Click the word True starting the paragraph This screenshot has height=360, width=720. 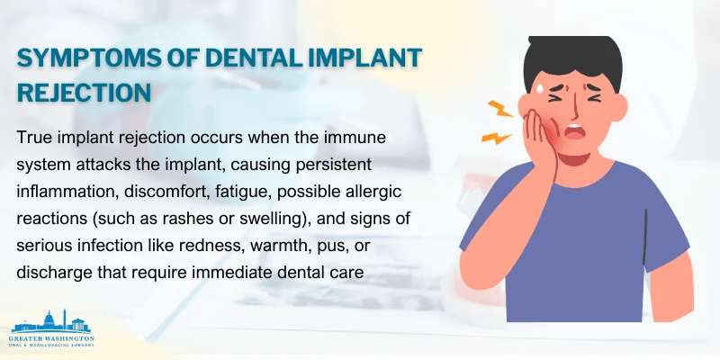pyautogui.click(x=35, y=139)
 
